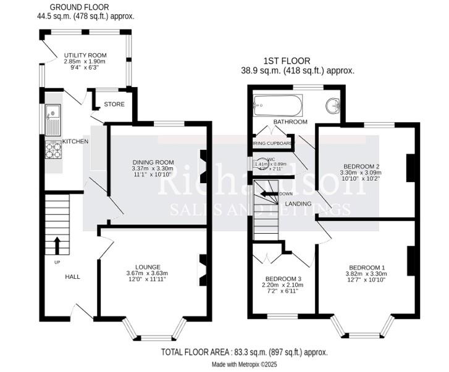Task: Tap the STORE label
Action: point(114,104)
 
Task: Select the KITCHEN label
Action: point(75,142)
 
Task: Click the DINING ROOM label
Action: point(153,162)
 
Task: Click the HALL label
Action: point(73,276)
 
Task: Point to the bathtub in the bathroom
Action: point(277,105)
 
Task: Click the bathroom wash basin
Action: point(334,105)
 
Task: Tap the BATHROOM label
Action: point(290,122)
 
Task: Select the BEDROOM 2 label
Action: point(361,167)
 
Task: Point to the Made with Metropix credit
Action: point(245,365)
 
